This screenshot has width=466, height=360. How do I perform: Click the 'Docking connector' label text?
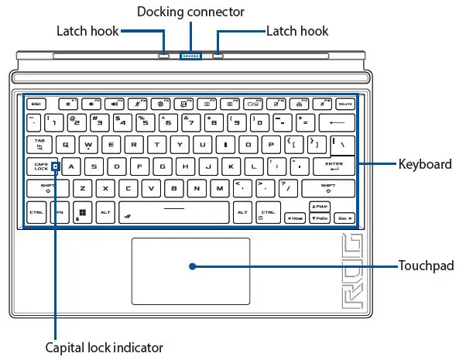tap(190, 12)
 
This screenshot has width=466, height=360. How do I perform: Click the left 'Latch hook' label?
tap(88, 32)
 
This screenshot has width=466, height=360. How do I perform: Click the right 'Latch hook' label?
tap(297, 32)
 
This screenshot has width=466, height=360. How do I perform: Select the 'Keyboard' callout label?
tap(425, 164)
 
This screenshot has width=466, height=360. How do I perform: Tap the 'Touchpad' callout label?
tap(426, 266)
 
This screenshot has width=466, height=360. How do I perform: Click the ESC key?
tap(35, 102)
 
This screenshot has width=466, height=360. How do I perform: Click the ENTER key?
tap(334, 166)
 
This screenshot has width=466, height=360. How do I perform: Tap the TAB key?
tap(39, 144)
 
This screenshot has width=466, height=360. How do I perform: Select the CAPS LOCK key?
tap(41, 166)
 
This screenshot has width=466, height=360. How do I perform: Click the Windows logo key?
tap(81, 211)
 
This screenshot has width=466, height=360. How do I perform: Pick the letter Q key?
tap(66, 144)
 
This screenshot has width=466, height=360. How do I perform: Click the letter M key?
tap(219, 188)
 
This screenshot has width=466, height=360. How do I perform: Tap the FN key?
tap(59, 211)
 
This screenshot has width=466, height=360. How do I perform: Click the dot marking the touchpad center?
tap(190, 266)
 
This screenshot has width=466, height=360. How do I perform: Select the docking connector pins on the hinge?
tap(190, 56)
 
